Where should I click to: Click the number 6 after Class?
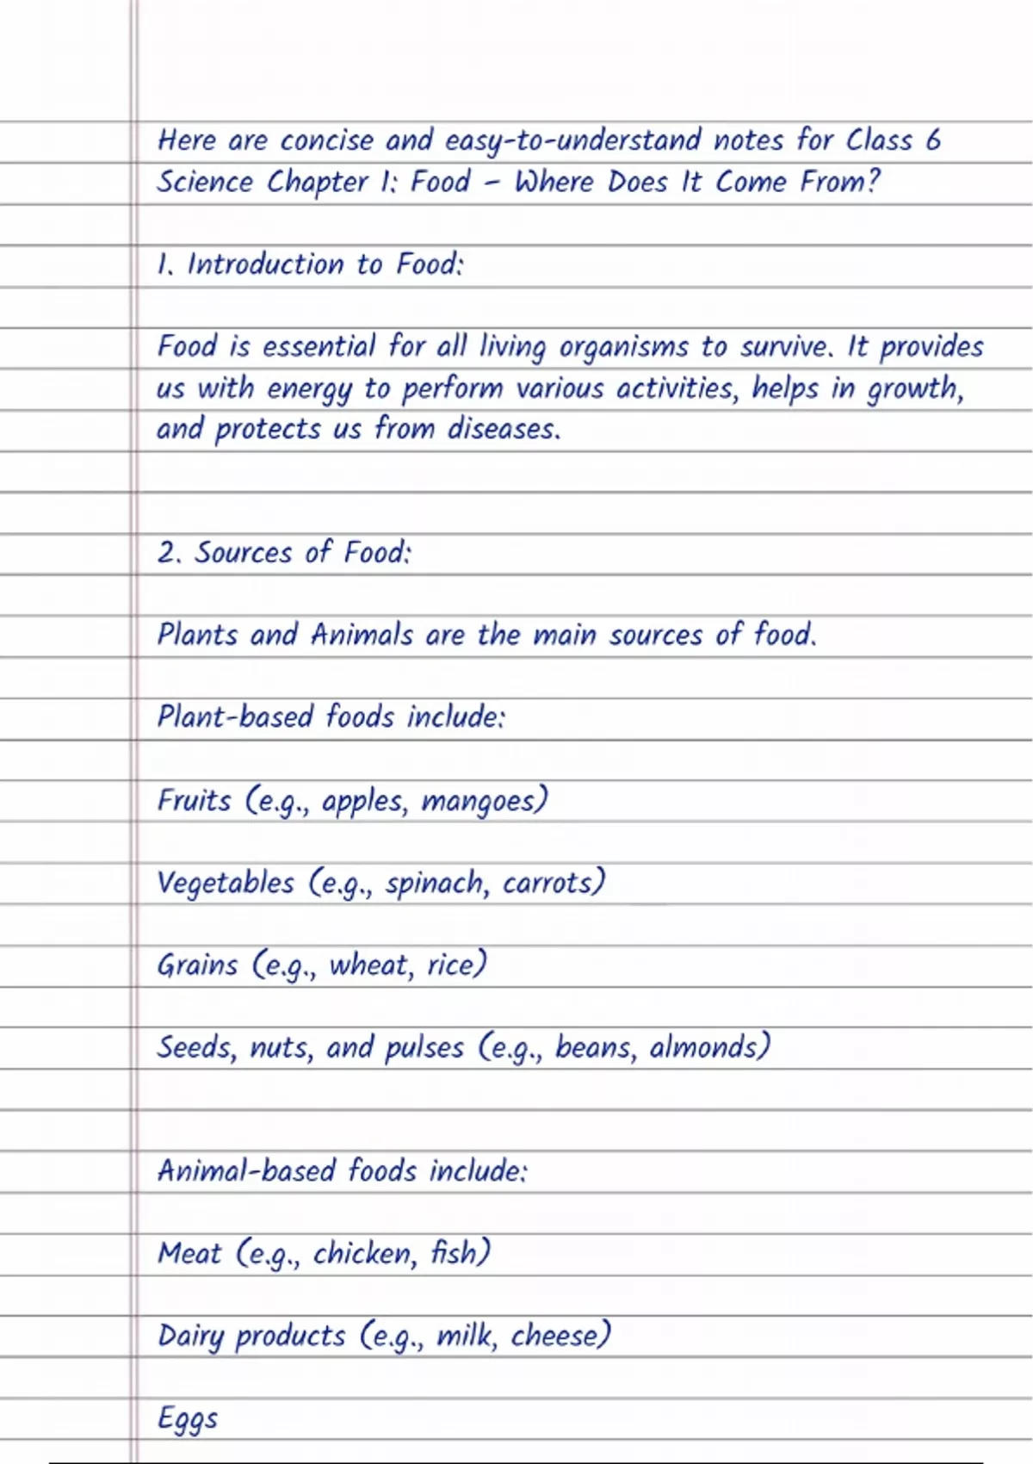933,140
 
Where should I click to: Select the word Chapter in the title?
317,183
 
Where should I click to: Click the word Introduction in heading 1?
265,264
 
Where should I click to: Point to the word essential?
319,346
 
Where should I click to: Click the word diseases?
503,429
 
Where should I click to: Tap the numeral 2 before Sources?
167,552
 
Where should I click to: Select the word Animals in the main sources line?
362,635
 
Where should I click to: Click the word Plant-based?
235,716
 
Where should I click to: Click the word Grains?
197,965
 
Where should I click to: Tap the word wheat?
370,965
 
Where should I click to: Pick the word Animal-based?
245,1171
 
